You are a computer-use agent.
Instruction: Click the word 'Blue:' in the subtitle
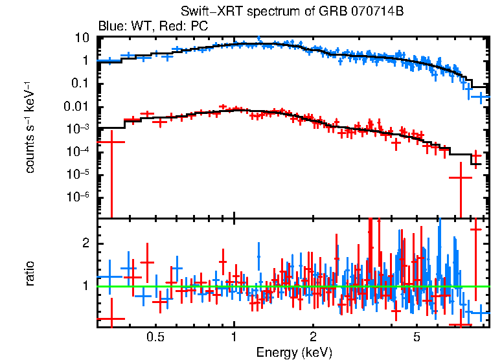111,27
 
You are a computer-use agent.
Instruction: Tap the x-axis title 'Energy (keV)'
294,352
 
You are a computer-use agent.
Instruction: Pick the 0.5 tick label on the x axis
155,337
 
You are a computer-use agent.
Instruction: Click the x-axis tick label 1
234,337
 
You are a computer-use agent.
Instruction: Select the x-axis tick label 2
313,337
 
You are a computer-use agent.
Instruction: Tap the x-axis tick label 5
417,337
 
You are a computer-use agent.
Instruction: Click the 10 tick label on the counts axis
82,38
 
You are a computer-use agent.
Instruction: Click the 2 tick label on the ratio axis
85,243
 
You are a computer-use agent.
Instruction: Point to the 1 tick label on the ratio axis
85,286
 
